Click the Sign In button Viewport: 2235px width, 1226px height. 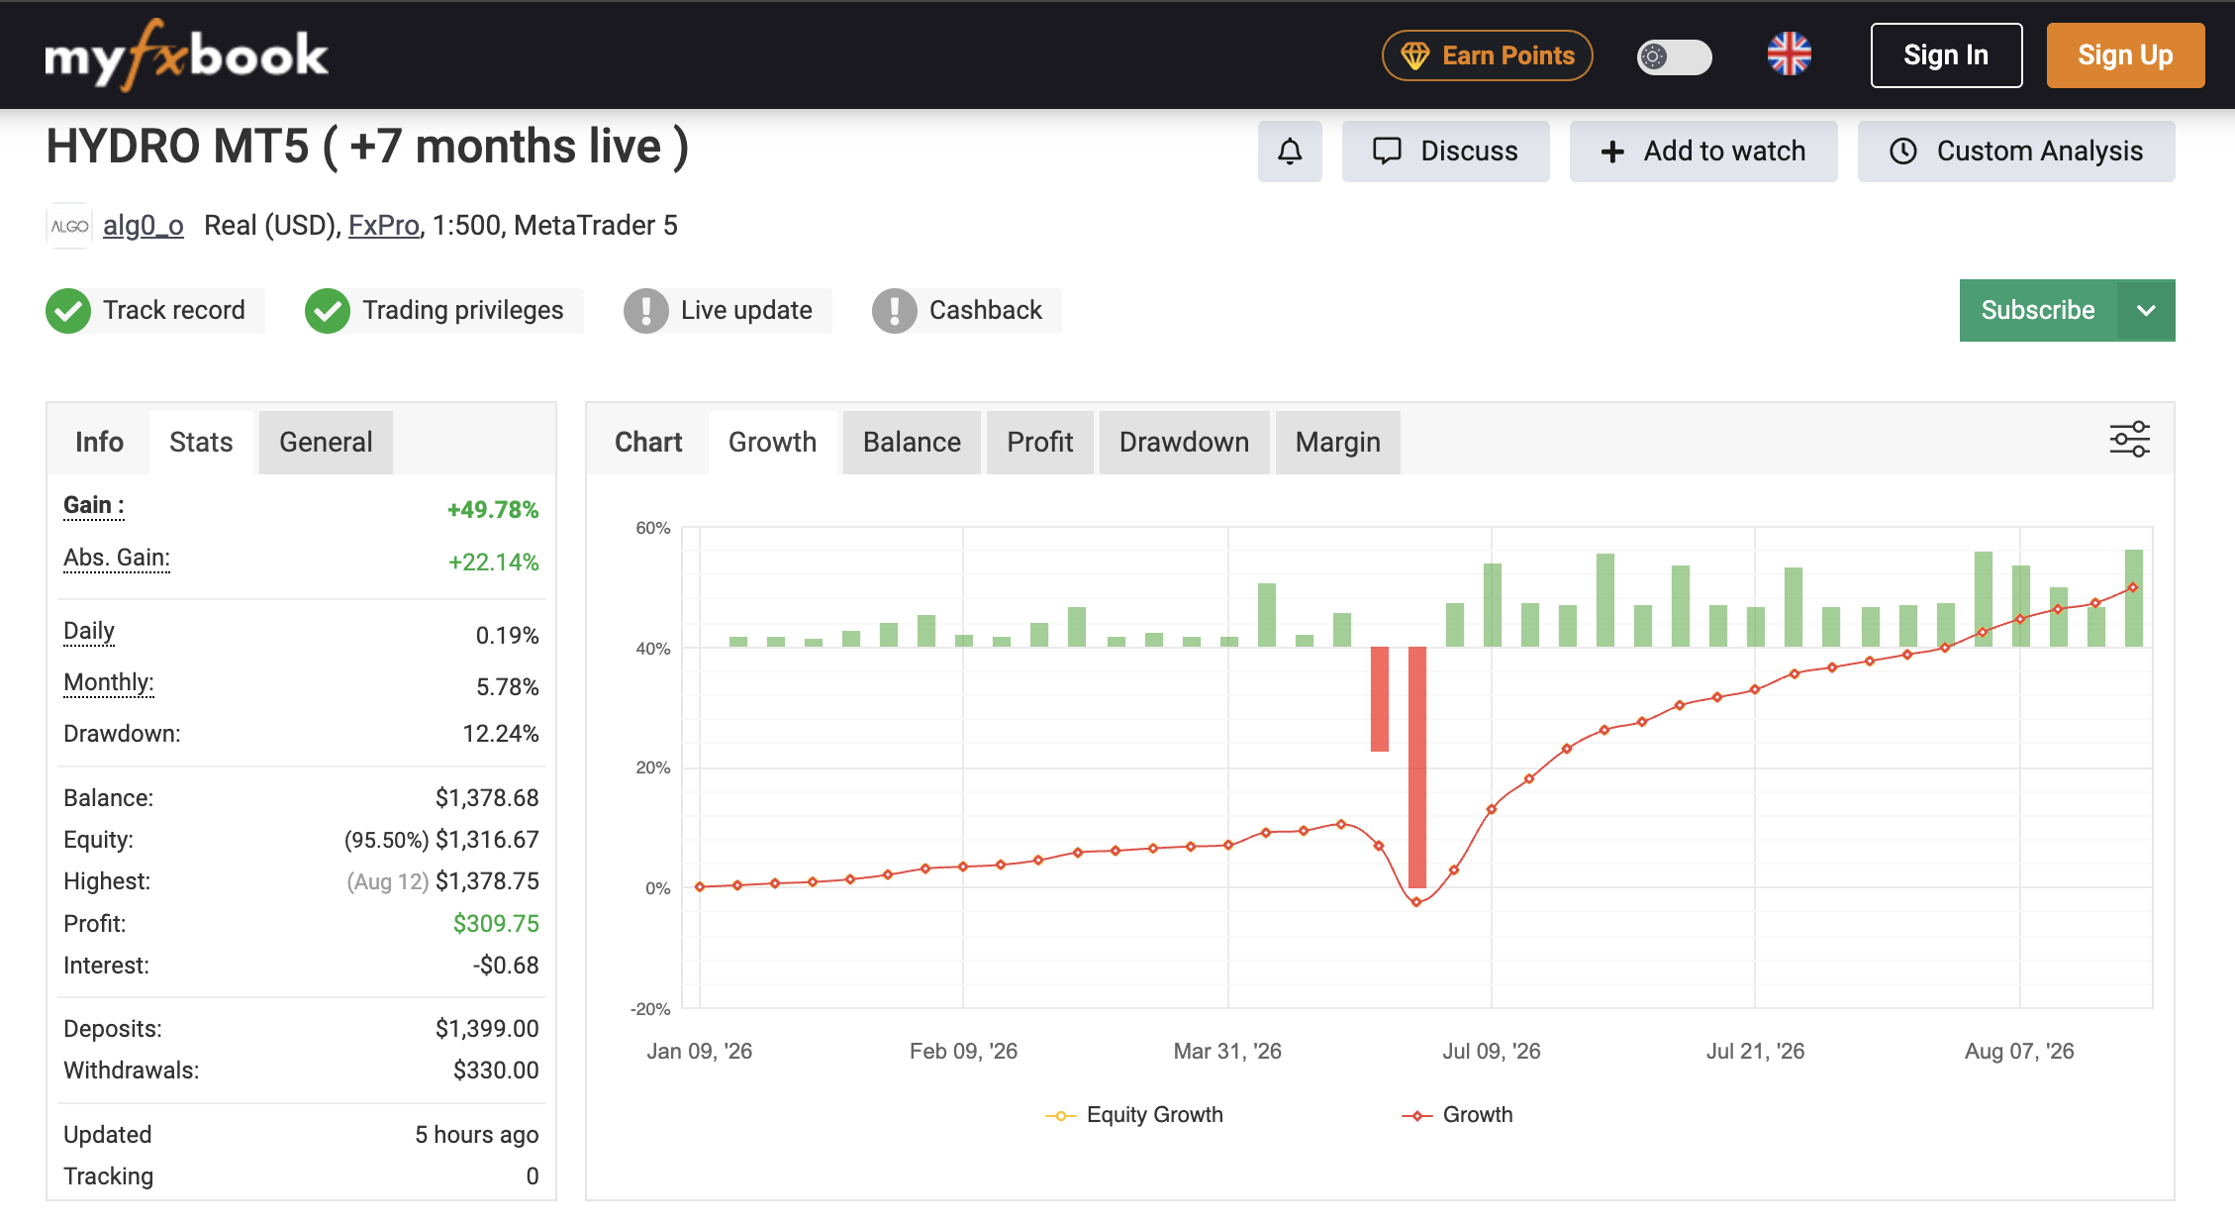1946,55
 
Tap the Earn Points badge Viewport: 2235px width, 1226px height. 1487,55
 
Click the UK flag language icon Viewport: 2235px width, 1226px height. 1789,54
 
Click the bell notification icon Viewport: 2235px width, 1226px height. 1290,152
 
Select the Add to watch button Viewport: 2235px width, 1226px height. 1703,152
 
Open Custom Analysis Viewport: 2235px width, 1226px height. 2016,152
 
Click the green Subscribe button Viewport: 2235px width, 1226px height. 2038,310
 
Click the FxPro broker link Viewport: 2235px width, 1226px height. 384,226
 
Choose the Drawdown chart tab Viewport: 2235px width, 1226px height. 1184,442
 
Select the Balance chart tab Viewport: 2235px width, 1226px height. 912,442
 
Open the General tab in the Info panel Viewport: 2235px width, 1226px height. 326,442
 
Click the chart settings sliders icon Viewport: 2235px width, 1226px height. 2129,439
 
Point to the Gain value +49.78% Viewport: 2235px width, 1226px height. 493,510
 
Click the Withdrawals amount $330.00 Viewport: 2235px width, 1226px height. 496,1071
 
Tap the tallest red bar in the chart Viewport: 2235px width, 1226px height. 1417,767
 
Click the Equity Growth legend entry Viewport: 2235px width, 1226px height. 1134,1115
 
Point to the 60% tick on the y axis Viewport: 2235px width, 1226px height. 653,528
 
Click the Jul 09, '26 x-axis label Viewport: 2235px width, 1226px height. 1491,1051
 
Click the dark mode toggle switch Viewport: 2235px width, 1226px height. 1674,56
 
